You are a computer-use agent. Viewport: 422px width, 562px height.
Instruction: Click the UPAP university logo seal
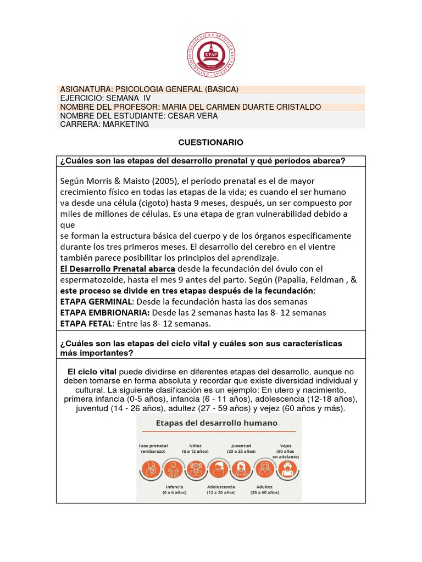(x=211, y=54)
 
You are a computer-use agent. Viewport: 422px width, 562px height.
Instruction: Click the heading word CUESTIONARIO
(x=210, y=142)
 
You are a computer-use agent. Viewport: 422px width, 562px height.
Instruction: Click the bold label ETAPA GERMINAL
(x=96, y=301)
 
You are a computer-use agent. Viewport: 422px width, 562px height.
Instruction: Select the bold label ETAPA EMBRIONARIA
(x=104, y=312)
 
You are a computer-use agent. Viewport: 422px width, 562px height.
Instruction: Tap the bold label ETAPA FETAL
(x=86, y=324)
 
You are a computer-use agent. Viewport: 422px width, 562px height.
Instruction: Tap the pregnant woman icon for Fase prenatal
(x=151, y=469)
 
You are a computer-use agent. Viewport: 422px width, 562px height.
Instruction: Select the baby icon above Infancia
(x=174, y=469)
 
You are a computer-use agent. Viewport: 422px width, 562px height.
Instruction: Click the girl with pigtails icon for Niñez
(x=196, y=469)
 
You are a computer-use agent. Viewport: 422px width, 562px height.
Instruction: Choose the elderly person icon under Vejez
(x=286, y=469)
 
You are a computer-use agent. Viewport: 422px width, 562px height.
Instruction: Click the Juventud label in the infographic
(x=241, y=445)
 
